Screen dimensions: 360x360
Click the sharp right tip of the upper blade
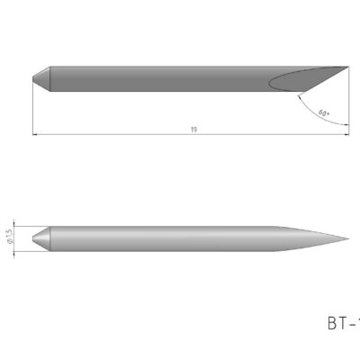pyautogui.click(x=346, y=66)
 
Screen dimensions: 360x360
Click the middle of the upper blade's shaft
pyautogui.click(x=162, y=78)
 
